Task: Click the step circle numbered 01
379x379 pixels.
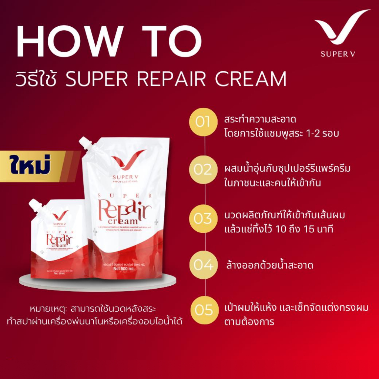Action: pyautogui.click(x=202, y=122)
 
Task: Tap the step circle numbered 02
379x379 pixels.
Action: pyautogui.click(x=202, y=170)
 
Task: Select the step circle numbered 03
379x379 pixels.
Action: pyautogui.click(x=202, y=218)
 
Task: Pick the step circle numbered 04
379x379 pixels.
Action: pyautogui.click(x=202, y=265)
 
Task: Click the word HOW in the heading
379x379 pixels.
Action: pyautogui.click(x=69, y=41)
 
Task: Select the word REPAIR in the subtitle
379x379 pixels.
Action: pyautogui.click(x=181, y=78)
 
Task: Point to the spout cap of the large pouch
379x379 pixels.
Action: pyautogui.click(x=85, y=142)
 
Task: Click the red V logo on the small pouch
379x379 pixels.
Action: pyautogui.click(x=60, y=214)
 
